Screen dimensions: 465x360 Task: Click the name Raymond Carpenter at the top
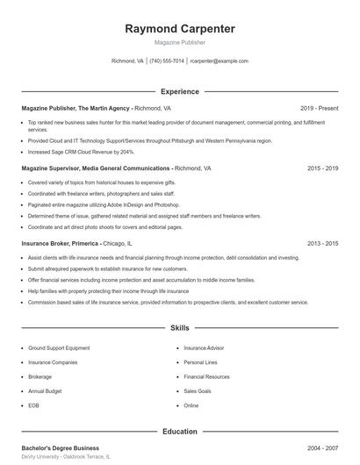click(x=180, y=29)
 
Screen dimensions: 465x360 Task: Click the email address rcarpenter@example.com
click(x=219, y=61)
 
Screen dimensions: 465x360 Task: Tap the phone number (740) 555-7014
click(x=167, y=61)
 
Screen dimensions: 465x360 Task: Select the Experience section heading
click(x=180, y=91)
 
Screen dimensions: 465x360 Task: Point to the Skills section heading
click(x=180, y=328)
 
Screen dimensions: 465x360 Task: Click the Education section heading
click(x=180, y=432)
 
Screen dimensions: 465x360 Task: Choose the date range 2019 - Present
click(x=319, y=108)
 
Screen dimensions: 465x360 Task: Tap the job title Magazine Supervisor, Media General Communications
click(x=96, y=168)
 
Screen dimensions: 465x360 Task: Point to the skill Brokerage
click(x=40, y=376)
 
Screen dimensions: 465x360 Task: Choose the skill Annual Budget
click(x=45, y=391)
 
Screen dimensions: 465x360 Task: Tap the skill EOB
click(x=33, y=406)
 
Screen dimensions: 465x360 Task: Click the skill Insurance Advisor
click(x=204, y=347)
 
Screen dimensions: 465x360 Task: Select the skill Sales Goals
click(x=198, y=391)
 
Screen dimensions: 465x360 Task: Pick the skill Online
click(x=191, y=406)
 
